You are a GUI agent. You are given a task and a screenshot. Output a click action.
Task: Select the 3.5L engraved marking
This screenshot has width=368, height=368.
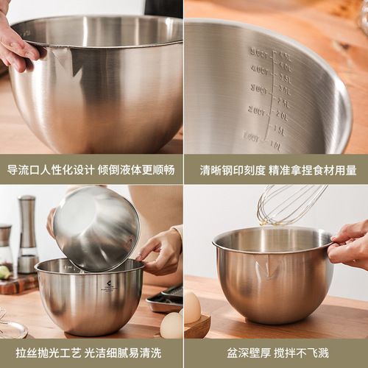pos(284,79)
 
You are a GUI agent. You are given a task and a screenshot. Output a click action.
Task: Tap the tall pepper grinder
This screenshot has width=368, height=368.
pos(27,233)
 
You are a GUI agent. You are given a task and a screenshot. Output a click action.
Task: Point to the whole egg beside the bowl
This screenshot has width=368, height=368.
pos(171,325)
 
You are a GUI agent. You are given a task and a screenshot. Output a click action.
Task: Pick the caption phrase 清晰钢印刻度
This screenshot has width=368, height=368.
pos(233,170)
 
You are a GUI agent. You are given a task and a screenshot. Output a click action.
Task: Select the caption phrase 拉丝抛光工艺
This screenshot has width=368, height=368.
pos(42,353)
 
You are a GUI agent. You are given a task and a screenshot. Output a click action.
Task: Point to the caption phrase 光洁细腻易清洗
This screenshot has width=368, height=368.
pos(128,353)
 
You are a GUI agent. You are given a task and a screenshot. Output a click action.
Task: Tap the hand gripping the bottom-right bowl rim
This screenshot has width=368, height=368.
pos(350,244)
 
